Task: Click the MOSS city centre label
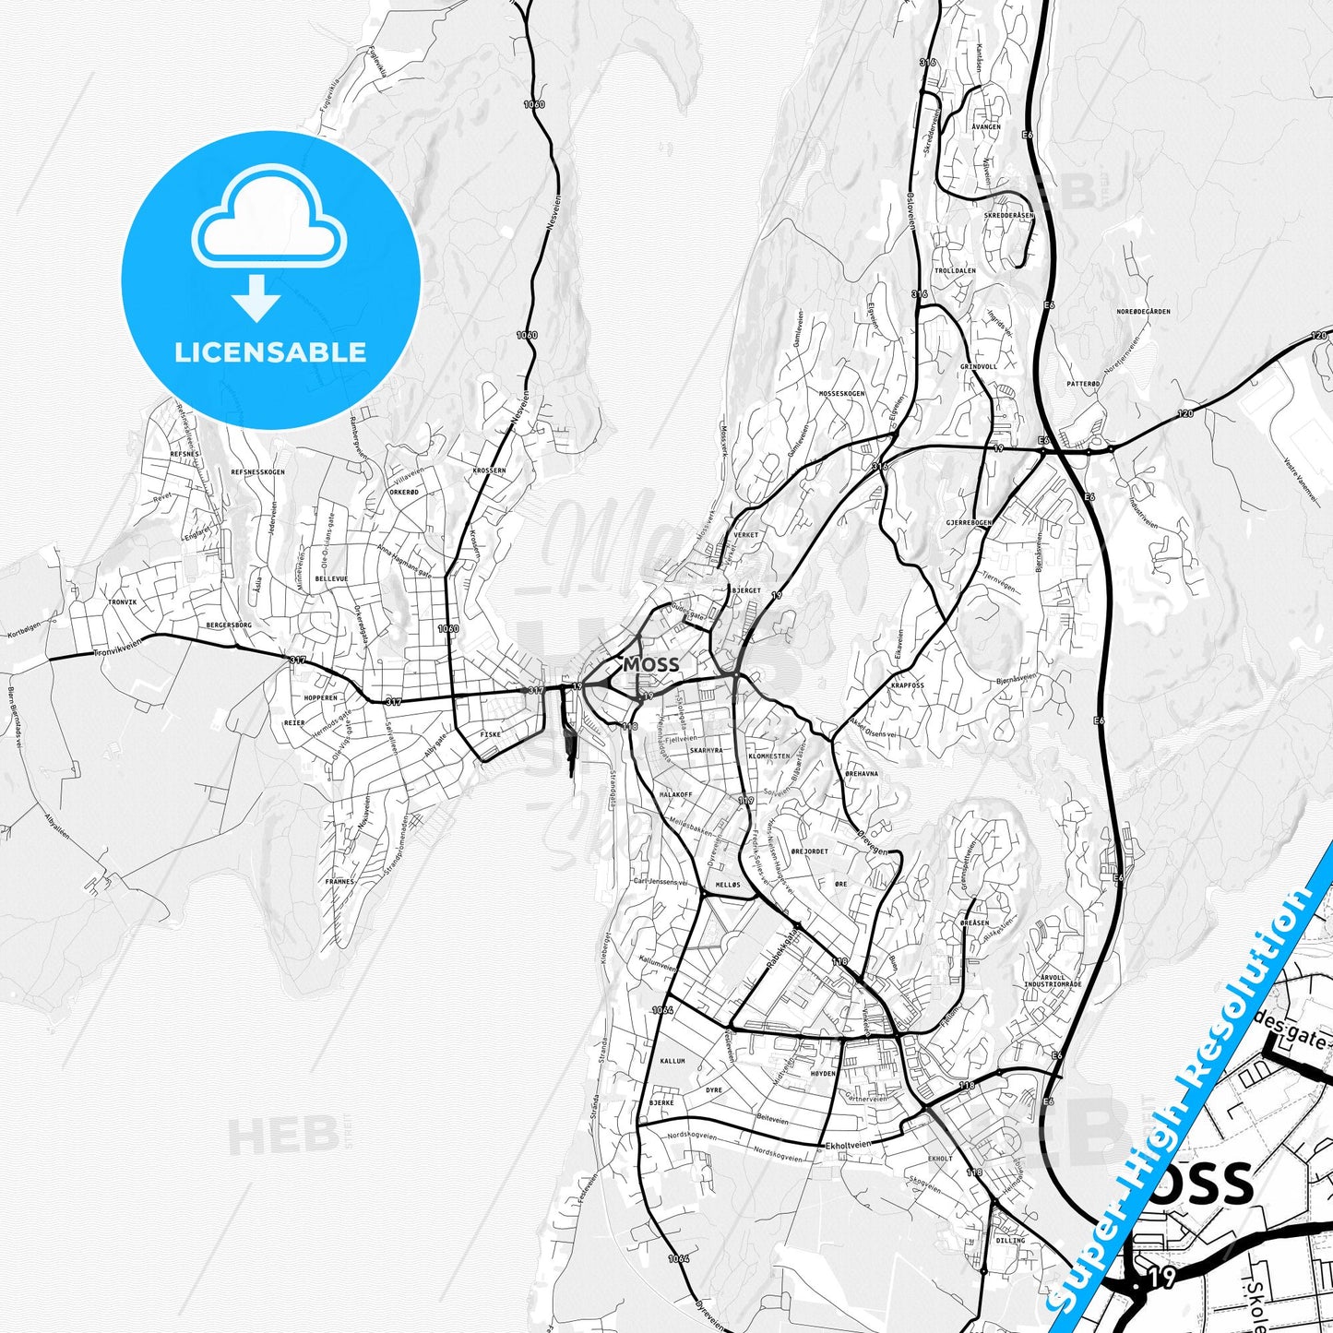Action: pyautogui.click(x=651, y=664)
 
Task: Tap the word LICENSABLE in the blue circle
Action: pyautogui.click(x=270, y=351)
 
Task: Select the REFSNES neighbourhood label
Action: pyautogui.click(x=184, y=454)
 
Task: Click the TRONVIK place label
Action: pyautogui.click(x=122, y=601)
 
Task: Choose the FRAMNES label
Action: pyautogui.click(x=339, y=882)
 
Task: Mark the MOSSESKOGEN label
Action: pyautogui.click(x=842, y=393)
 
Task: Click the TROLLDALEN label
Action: pyautogui.click(x=955, y=271)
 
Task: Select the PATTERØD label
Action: pyautogui.click(x=1083, y=383)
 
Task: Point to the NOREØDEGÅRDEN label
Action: pyautogui.click(x=1143, y=312)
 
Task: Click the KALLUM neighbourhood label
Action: pyautogui.click(x=672, y=1062)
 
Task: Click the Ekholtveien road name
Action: pyautogui.click(x=849, y=1144)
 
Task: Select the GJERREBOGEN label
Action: pyautogui.click(x=969, y=522)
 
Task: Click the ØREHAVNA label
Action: pyautogui.click(x=862, y=774)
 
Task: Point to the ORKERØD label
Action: pyautogui.click(x=404, y=492)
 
